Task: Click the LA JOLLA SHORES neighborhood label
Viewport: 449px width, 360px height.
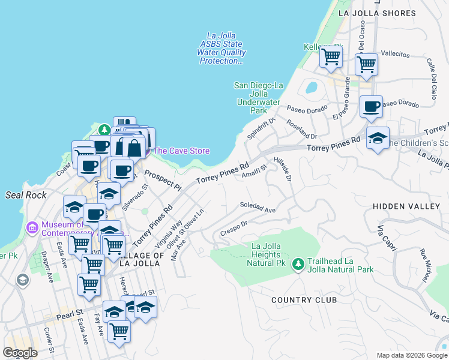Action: point(385,13)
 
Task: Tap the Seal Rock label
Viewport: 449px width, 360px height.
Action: point(22,195)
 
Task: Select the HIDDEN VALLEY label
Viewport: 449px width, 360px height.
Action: point(406,206)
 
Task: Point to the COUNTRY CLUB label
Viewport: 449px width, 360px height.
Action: point(303,299)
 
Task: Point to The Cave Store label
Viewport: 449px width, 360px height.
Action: point(182,151)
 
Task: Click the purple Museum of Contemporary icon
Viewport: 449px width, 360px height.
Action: point(32,228)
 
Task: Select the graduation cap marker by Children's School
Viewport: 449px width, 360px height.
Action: point(377,138)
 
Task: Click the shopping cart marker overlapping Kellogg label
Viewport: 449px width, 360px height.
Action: point(330,57)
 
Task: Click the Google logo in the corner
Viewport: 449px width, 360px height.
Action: point(20,353)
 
